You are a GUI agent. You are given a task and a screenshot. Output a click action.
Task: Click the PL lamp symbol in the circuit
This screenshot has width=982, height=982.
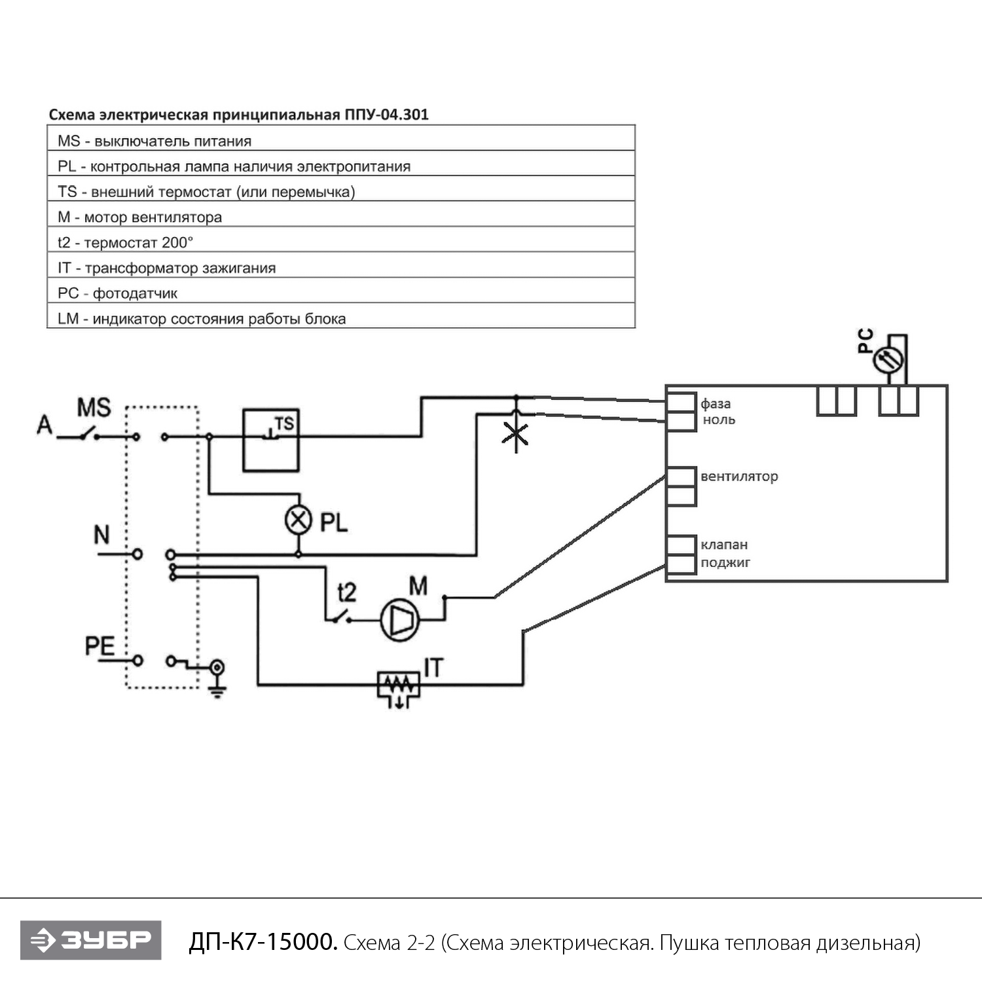[x=299, y=520]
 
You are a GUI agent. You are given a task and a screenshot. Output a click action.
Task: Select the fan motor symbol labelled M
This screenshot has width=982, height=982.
[x=400, y=620]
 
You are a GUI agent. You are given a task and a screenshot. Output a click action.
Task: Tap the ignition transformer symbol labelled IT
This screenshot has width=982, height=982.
[x=399, y=685]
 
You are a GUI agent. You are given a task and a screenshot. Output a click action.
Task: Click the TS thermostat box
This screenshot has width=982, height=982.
[x=271, y=440]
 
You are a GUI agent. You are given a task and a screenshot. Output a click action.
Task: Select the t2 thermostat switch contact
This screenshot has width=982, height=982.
[x=338, y=617]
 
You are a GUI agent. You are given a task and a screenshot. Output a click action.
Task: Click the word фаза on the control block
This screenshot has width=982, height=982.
[x=716, y=404]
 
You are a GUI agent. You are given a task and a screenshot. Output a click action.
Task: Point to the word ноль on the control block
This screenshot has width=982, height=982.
[x=719, y=420]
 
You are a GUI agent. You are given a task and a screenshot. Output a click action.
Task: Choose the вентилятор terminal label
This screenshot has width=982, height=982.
[x=739, y=477]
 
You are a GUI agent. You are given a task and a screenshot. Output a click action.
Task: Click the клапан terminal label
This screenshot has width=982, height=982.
[x=724, y=545]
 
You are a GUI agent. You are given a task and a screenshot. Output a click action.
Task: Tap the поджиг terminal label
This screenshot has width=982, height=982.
[x=725, y=562]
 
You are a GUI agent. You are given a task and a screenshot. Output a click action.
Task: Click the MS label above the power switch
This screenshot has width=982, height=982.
[x=94, y=408]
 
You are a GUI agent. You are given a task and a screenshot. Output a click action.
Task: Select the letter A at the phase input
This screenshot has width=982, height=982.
[x=45, y=425]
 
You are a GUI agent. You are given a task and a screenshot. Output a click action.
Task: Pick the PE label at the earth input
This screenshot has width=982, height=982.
[x=100, y=646]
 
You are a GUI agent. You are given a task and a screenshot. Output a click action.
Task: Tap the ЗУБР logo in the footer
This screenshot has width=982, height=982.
[x=91, y=940]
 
